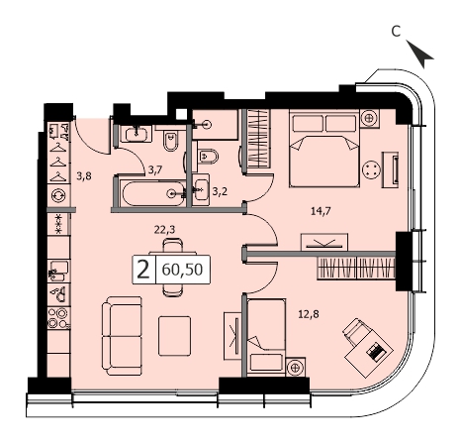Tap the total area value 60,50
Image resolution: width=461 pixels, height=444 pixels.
point(182,270)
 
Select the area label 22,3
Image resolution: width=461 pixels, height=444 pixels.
point(164,229)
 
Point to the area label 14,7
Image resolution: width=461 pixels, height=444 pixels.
point(321,210)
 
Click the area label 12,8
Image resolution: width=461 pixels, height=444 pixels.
point(309,314)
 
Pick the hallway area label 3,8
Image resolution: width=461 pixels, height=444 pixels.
point(84,176)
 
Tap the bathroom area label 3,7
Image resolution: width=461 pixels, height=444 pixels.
point(155,170)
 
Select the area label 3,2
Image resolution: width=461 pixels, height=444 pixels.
point(220,191)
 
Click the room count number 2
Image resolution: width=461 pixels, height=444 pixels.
point(143,270)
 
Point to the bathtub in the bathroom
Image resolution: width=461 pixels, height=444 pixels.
point(153,193)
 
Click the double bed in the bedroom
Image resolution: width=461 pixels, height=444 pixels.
point(324,150)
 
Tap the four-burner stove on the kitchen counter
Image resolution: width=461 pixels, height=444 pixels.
point(58,318)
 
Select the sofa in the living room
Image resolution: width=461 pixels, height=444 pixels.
point(122,336)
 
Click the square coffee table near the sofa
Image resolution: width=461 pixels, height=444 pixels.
point(174,336)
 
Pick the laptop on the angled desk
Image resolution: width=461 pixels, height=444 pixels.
point(375,352)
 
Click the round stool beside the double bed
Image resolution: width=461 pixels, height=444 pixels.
point(371,169)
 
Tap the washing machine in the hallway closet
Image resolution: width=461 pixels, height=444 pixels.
point(58,195)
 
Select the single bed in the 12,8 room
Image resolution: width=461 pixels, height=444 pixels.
point(266,336)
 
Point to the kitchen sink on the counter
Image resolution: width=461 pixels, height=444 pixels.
point(58,271)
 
